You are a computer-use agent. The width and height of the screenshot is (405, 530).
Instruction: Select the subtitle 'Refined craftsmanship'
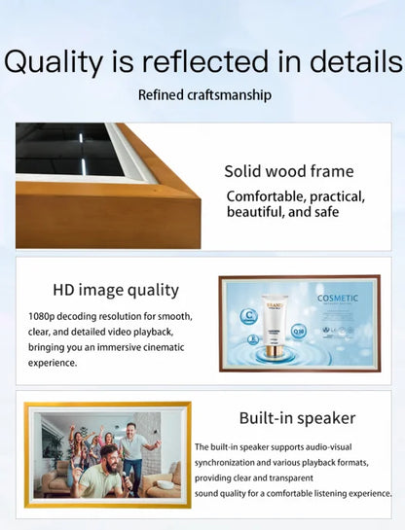coord(204,95)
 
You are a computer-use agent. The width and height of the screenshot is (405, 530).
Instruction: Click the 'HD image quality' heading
coord(116,290)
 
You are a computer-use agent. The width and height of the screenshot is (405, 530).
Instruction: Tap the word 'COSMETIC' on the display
coord(337,298)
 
